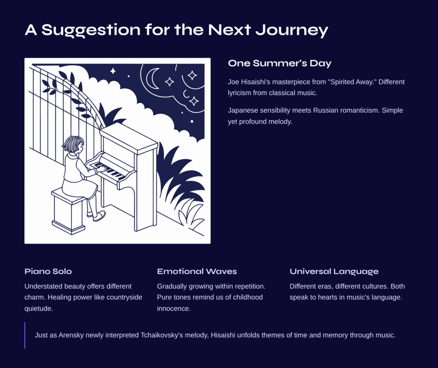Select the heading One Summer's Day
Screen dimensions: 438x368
(x=280, y=63)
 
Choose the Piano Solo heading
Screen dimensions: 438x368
(x=48, y=271)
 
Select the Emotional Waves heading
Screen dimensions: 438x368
(x=197, y=271)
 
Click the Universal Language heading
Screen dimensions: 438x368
(x=334, y=272)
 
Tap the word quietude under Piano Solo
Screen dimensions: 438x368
(x=38, y=309)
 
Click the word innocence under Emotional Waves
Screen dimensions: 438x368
(x=174, y=309)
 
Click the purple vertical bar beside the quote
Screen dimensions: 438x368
(x=25, y=336)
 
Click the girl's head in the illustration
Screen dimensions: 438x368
(x=73, y=144)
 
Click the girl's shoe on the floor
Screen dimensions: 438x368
(x=99, y=216)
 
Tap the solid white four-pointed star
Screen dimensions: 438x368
(x=113, y=71)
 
